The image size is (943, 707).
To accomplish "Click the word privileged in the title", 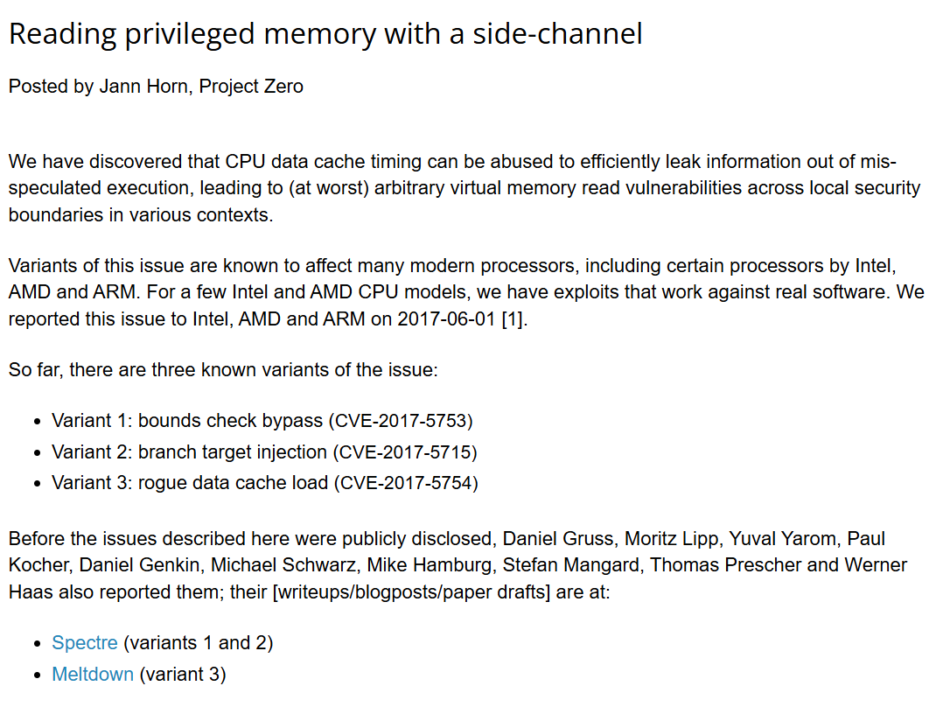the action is pos(190,35).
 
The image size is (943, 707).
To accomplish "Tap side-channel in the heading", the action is pos(557,34).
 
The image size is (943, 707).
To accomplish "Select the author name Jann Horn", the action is pos(143,87).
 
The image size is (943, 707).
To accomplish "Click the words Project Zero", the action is pos(251,87).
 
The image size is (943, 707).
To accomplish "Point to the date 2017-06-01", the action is pos(446,318).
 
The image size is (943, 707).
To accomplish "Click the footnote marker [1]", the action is pos(514,318).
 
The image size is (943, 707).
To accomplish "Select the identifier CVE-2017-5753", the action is pos(401,421).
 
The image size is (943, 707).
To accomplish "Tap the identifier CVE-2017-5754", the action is pos(407,483).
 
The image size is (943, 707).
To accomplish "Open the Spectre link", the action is pos(85,643).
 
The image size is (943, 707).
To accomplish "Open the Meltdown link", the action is pos(93,675).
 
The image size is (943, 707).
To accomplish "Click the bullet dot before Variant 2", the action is pos(38,453).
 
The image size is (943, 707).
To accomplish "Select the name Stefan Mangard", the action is pos(570,565).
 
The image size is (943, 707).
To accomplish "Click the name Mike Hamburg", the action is pos(430,565).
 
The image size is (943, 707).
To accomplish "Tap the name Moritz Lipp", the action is pos(671,538).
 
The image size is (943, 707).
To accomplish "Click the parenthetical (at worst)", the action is pos(328,188).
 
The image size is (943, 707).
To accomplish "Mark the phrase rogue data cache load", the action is pos(234,483).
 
